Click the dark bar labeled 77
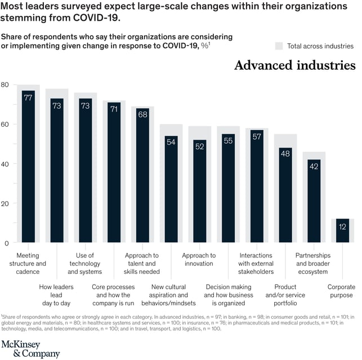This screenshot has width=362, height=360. (28, 169)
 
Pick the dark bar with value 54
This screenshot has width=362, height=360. (171, 192)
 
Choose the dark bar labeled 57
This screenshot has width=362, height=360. (257, 189)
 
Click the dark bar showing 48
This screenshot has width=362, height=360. (285, 197)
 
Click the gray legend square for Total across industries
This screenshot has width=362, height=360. (279, 46)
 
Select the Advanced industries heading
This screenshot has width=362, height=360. (294, 65)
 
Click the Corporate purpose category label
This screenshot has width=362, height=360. (341, 291)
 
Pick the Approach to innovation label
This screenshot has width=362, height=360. (199, 260)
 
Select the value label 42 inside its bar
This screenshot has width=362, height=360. (314, 166)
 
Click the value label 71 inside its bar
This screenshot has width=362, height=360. (114, 109)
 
